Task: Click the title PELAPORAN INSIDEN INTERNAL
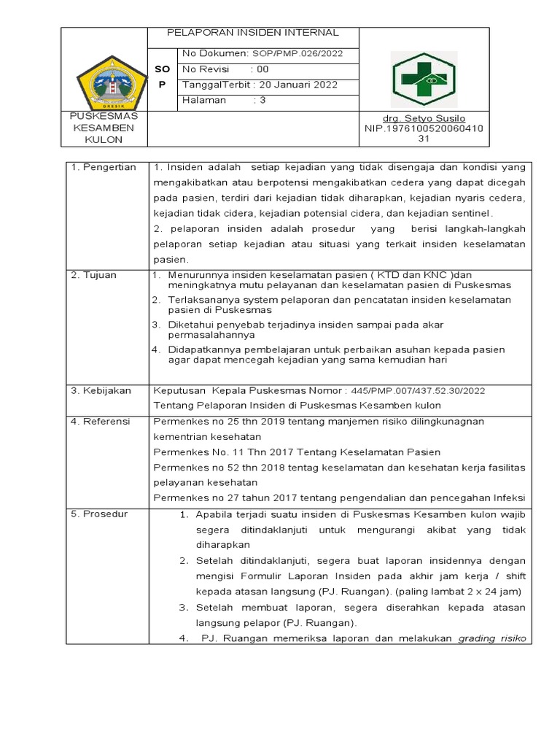(253, 33)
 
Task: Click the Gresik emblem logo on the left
(106, 79)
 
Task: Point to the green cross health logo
(425, 78)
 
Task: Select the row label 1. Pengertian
(104, 168)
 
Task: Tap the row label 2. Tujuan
(96, 275)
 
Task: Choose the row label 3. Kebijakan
(101, 391)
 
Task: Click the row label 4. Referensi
(101, 422)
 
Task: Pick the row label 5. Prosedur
(100, 514)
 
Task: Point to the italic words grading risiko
(491, 639)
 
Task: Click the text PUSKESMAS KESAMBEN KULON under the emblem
(104, 128)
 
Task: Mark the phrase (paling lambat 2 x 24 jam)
(456, 591)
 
